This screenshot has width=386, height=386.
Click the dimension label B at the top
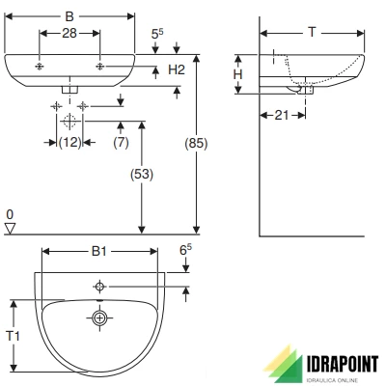pyautogui.click(x=69, y=16)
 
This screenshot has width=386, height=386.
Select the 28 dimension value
pyautogui.click(x=69, y=33)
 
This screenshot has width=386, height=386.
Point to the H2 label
pyautogui.click(x=177, y=69)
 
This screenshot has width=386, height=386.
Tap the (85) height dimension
pyautogui.click(x=196, y=143)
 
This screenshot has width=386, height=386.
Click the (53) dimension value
pyautogui.click(x=142, y=174)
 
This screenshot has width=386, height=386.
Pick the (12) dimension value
pyautogui.click(x=70, y=142)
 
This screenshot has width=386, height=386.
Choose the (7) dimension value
pyautogui.click(x=121, y=142)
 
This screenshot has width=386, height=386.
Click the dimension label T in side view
pyautogui.click(x=312, y=32)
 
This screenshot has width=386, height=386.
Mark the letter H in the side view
pyautogui.click(x=237, y=74)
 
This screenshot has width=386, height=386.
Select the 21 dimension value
pyautogui.click(x=282, y=115)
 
